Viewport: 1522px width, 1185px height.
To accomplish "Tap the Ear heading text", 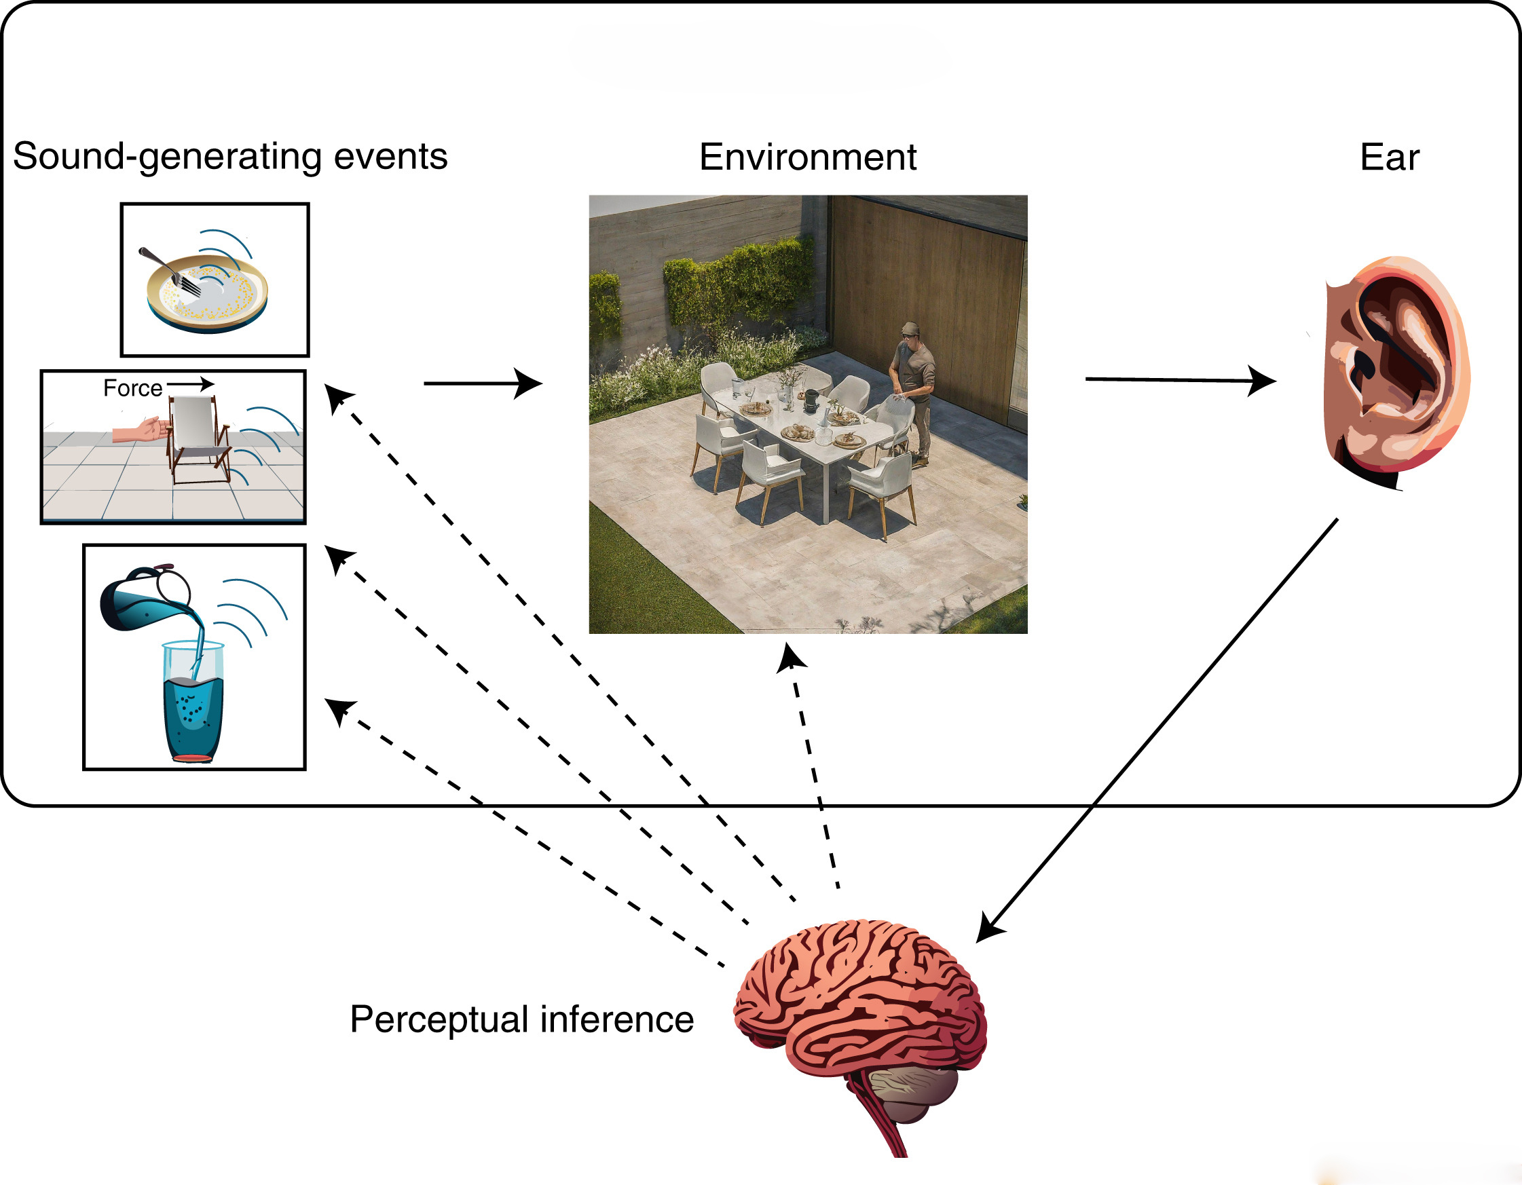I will coord(1389,157).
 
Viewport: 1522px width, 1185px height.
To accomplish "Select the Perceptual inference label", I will coord(521,1019).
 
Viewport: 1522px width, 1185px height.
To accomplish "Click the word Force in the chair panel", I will coord(132,388).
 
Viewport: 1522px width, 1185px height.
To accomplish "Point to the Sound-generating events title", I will coord(230,156).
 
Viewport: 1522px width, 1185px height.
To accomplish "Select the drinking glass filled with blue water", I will coord(193,704).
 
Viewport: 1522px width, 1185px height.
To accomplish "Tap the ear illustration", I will coord(1394,369).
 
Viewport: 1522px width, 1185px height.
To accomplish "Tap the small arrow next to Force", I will coord(190,384).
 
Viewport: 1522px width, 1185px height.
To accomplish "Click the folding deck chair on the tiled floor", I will coord(198,439).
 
